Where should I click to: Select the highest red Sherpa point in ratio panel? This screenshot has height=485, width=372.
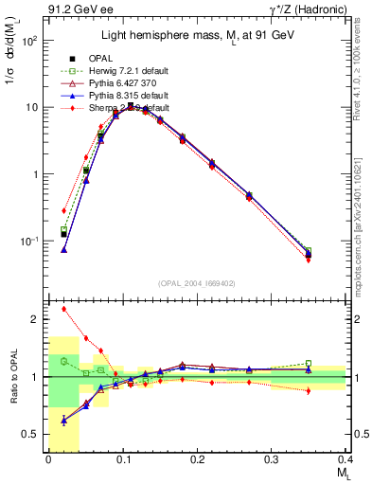pos(63,309)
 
